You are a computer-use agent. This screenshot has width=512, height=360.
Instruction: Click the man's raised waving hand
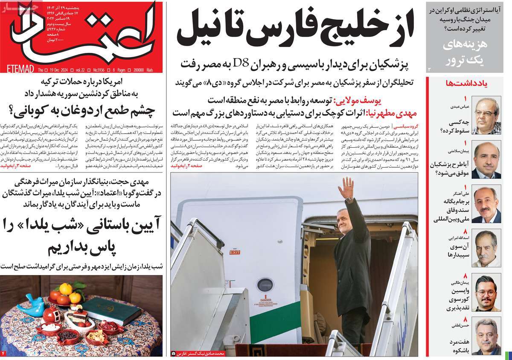tap(348, 187)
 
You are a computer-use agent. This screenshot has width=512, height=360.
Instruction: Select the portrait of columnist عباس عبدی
tap(486, 116)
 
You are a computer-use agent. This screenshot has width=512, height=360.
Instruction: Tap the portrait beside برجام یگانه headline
tap(486, 205)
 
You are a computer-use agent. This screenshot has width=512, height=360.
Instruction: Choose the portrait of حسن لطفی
tap(486, 341)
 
